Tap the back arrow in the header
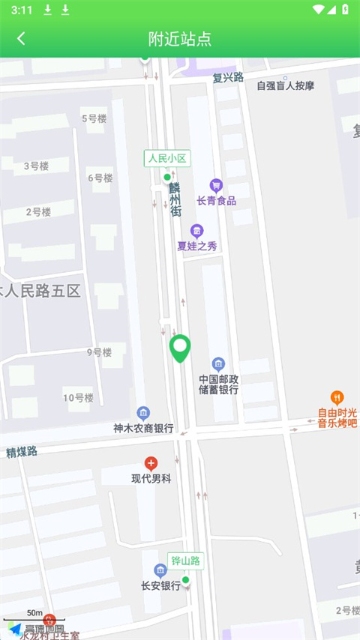(x=21, y=39)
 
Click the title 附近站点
(x=180, y=39)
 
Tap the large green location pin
(x=180, y=348)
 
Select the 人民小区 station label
(x=166, y=158)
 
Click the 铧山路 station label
(x=187, y=561)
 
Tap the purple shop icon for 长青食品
(x=216, y=185)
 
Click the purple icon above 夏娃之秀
(x=196, y=231)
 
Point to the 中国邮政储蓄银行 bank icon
(x=218, y=363)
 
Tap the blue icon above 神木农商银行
(x=143, y=413)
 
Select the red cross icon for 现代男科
(x=151, y=464)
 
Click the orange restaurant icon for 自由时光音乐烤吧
(x=337, y=397)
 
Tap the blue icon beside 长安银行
(x=160, y=571)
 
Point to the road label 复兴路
(x=228, y=76)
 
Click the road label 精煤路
(x=22, y=451)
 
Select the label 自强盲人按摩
(x=285, y=85)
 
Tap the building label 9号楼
(x=98, y=352)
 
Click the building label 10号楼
(x=78, y=398)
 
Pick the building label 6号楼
(x=100, y=178)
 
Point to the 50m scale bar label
(x=34, y=613)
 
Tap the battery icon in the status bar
(x=344, y=10)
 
